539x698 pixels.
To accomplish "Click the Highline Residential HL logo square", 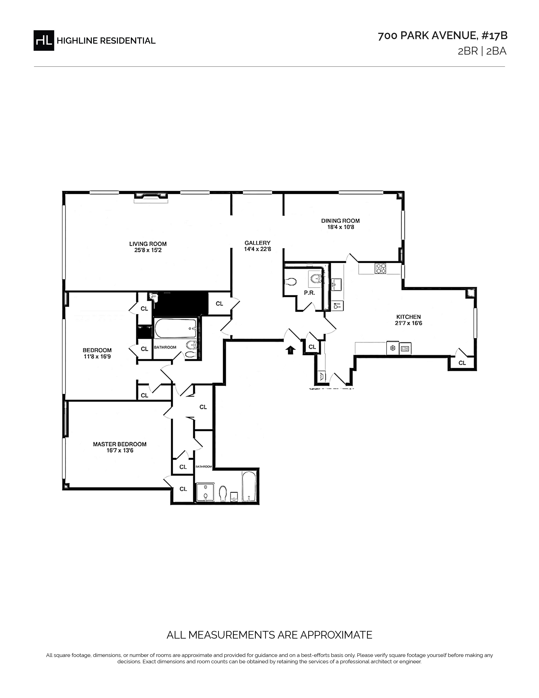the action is tap(44, 40).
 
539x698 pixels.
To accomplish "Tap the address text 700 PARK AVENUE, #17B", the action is tap(443, 36).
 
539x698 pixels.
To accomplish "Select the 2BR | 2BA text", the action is tap(482, 51).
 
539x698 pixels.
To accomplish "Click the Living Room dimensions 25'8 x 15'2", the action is tap(148, 250).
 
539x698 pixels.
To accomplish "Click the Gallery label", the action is tap(257, 243).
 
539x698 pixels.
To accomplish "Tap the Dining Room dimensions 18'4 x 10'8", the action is tap(340, 227).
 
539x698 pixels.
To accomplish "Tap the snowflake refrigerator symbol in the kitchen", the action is tap(393, 348).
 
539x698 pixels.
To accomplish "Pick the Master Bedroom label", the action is tap(119, 444).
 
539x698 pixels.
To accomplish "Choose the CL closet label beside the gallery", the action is tap(219, 304).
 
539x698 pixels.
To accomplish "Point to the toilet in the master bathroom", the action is tap(223, 493).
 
